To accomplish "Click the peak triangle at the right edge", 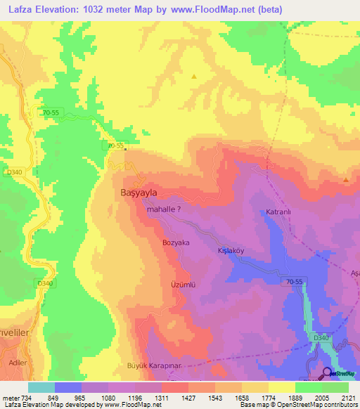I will tap(346, 180).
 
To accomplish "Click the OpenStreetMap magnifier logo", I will tap(328, 374).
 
